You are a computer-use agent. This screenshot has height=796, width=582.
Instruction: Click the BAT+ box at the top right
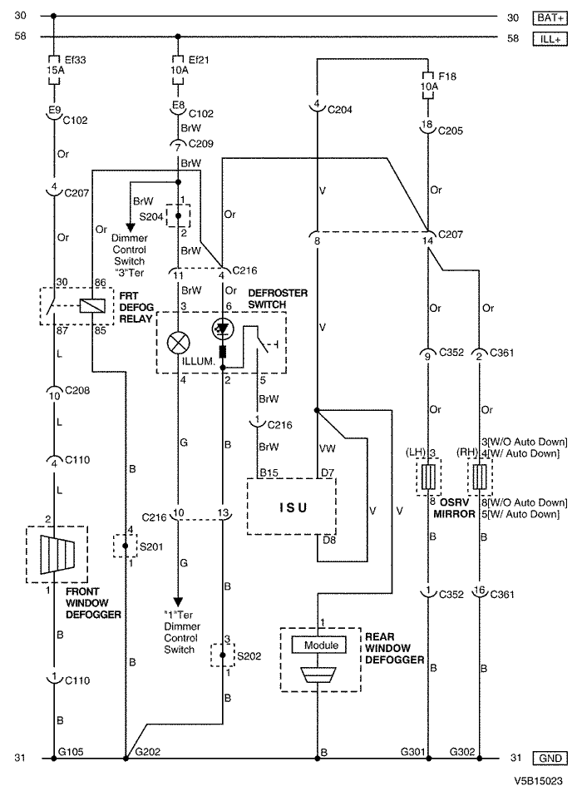click(550, 17)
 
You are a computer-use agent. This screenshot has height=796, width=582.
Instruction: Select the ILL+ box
click(550, 38)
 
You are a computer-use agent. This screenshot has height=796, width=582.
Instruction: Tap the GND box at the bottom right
click(550, 758)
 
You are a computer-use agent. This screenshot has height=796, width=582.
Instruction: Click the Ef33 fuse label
click(75, 60)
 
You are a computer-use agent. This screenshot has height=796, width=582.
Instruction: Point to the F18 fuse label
click(447, 77)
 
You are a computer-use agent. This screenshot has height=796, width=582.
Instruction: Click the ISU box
click(291, 507)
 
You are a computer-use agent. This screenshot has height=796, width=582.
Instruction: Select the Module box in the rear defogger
click(319, 645)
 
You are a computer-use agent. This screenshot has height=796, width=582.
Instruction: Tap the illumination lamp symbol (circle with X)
click(178, 344)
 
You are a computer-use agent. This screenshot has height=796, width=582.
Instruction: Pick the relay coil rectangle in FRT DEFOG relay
click(92, 305)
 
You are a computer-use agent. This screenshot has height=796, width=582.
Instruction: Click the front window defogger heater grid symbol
click(57, 553)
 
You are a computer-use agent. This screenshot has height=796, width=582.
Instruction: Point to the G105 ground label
click(71, 751)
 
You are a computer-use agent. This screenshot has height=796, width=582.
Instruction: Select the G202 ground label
click(148, 751)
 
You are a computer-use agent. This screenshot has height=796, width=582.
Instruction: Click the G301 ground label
click(412, 751)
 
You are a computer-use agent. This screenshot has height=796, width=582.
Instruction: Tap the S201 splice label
click(151, 547)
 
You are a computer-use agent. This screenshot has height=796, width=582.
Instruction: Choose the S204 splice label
click(151, 217)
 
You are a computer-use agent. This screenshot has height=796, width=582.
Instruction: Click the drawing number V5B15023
click(538, 781)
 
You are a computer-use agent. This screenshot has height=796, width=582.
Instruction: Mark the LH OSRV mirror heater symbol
click(429, 476)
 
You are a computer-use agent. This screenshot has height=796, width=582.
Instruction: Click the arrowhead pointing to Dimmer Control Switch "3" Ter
click(131, 227)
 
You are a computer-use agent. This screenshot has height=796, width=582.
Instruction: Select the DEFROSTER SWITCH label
click(278, 299)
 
